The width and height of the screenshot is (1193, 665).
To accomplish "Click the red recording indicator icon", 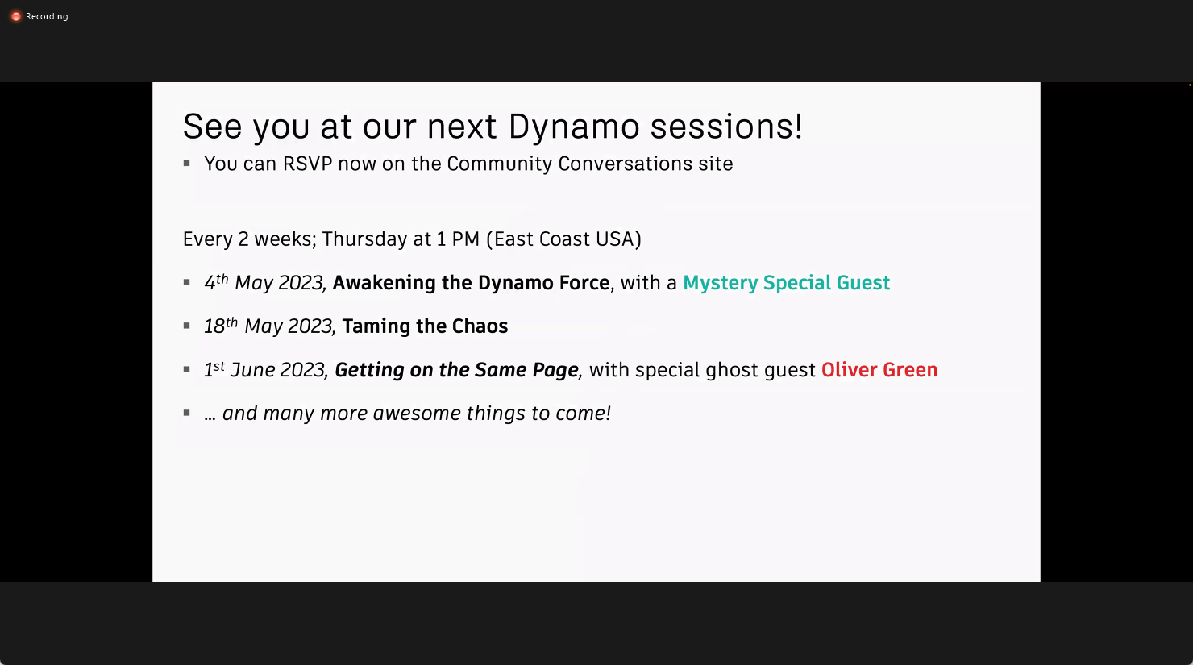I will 15,16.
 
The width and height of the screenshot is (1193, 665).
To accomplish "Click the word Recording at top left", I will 47,16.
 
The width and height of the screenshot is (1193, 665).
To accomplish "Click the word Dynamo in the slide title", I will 574,127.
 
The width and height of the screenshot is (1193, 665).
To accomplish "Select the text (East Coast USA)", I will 564,239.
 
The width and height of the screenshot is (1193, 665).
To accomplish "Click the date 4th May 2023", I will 264,283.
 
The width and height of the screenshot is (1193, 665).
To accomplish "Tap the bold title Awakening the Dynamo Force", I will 471,283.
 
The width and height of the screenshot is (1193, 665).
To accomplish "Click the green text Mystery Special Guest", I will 786,283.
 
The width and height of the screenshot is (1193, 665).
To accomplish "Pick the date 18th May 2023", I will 268,326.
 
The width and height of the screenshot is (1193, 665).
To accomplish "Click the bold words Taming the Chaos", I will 425,326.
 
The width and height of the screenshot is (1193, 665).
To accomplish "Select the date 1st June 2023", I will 264,370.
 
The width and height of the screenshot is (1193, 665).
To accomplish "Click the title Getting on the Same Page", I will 456,370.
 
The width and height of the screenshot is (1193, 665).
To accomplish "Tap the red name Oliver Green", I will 879,370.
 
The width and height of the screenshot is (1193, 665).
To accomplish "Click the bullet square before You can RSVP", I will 187,163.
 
